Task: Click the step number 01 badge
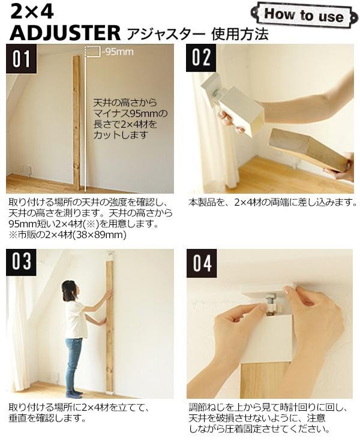(x=22, y=58)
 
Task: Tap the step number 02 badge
(x=201, y=58)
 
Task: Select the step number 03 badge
(x=22, y=262)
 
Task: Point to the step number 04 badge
(x=202, y=263)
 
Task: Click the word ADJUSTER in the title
(x=65, y=33)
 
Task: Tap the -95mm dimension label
(x=118, y=52)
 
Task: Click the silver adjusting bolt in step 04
(x=271, y=305)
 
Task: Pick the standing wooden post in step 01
(x=77, y=121)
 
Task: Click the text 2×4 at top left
(x=32, y=13)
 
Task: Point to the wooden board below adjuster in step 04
(x=266, y=380)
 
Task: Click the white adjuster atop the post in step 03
(x=110, y=256)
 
